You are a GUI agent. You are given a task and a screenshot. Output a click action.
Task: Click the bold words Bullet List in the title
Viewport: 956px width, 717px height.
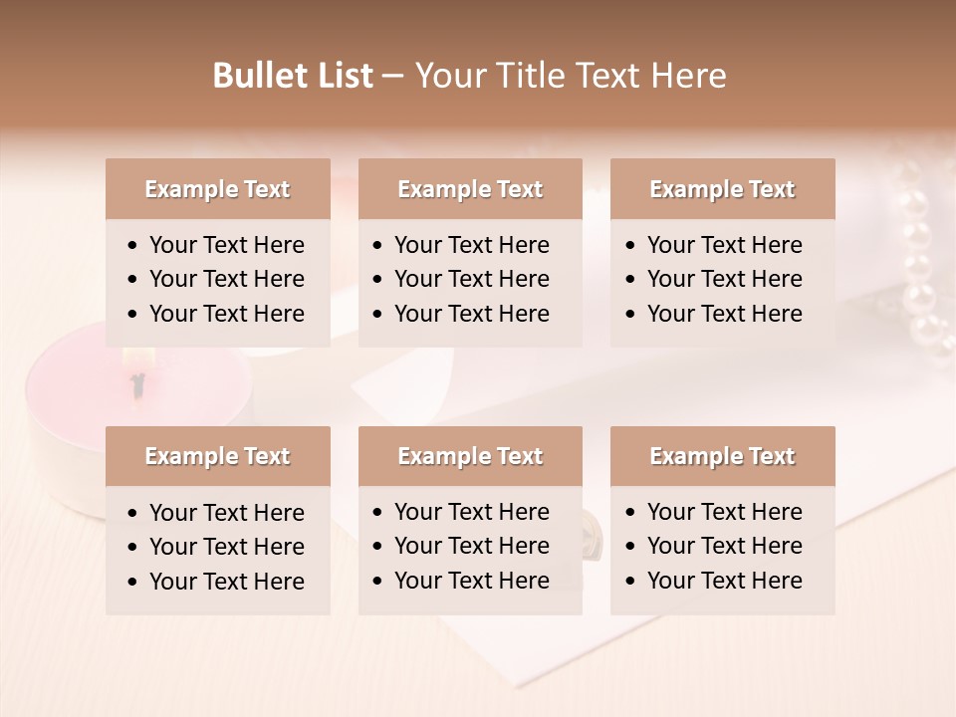293,76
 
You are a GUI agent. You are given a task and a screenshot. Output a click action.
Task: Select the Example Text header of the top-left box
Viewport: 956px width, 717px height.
217,189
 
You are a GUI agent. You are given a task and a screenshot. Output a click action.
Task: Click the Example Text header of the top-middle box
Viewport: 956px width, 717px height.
470,189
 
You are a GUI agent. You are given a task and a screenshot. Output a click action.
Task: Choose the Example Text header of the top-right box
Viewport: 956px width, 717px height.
722,189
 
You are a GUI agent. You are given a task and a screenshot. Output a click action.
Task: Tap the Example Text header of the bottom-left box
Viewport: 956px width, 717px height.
217,456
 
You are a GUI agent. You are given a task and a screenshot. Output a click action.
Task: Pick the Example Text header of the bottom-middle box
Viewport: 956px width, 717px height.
470,456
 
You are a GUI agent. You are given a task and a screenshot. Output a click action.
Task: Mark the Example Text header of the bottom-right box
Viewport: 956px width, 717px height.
722,456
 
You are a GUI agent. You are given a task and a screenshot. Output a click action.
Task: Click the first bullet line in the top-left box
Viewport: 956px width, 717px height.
226,245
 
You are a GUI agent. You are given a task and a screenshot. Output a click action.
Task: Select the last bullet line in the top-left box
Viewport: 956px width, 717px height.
226,314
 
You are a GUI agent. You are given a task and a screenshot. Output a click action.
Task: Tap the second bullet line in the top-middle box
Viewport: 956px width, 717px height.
471,279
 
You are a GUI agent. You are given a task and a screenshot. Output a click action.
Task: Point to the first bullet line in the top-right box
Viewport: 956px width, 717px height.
724,245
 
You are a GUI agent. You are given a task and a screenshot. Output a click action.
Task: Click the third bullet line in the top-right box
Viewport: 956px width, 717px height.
724,314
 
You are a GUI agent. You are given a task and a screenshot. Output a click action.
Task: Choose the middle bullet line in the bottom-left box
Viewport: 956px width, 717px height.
226,547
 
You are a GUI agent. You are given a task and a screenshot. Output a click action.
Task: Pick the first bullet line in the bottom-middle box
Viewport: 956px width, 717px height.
471,512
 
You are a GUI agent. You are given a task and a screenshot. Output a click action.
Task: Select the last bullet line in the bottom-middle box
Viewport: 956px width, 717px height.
471,581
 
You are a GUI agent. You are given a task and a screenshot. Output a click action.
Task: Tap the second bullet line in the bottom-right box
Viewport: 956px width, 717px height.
724,546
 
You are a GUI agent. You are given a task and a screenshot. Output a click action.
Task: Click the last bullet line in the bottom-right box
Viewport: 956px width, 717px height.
724,581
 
